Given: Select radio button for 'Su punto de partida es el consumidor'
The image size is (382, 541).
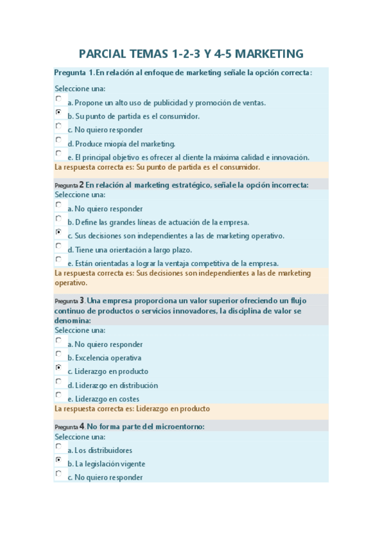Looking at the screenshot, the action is (59, 112).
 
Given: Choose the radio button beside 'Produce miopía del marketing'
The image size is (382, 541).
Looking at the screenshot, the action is (59, 140).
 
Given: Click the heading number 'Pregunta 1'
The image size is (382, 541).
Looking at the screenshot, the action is (75, 72).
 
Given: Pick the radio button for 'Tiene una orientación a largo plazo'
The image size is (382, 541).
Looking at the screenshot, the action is (59, 246).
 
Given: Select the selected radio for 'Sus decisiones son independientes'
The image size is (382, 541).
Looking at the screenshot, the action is (59, 232).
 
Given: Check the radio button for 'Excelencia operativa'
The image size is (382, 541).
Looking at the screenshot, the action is (59, 354).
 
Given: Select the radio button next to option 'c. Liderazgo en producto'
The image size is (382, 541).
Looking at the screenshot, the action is (59, 368).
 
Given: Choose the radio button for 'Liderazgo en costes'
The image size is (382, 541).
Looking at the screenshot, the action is (59, 395).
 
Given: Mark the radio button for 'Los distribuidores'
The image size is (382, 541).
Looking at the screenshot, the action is (59, 447).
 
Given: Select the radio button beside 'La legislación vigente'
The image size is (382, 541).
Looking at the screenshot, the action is (59, 460).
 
